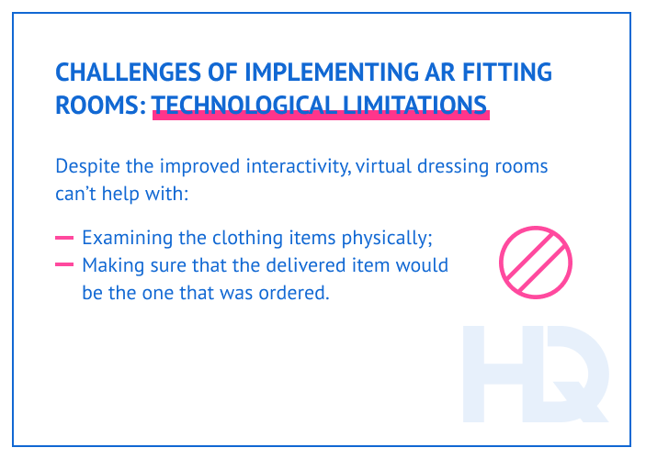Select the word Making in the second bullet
pyautogui.click(x=109, y=266)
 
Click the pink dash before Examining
pyautogui.click(x=63, y=238)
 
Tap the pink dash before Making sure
pyautogui.click(x=63, y=266)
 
